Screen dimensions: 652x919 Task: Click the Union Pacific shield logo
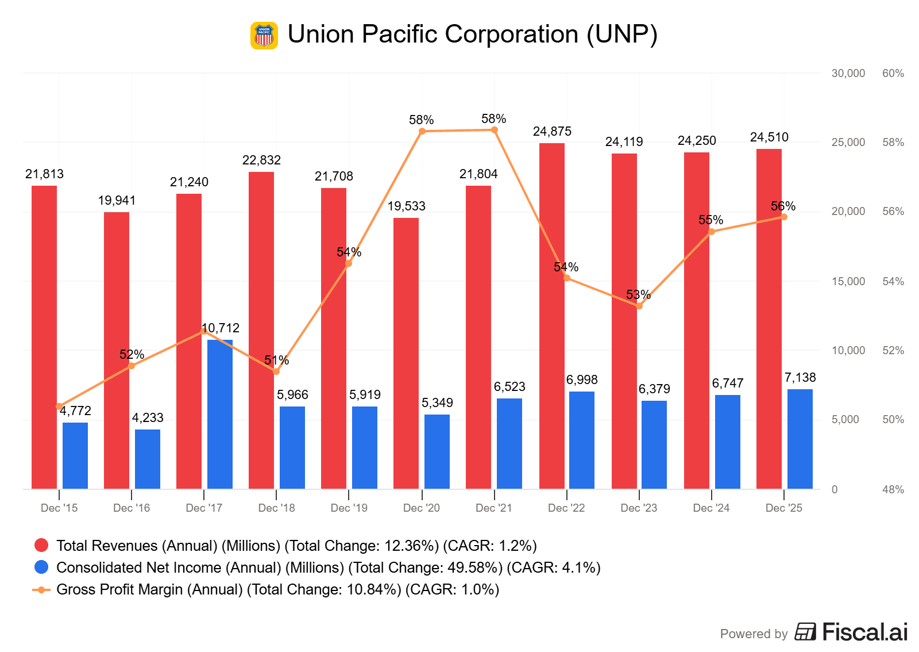click(x=264, y=36)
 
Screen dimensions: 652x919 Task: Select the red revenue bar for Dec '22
click(x=551, y=316)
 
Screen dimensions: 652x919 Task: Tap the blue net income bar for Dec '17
click(x=220, y=414)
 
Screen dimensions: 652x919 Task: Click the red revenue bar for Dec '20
click(x=406, y=353)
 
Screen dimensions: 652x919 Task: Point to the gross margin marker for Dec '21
click(x=495, y=130)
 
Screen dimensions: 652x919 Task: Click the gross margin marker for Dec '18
click(x=276, y=371)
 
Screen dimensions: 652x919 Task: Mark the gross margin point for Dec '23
click(x=639, y=306)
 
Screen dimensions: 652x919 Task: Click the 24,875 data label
click(x=552, y=132)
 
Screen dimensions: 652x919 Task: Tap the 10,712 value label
click(x=221, y=328)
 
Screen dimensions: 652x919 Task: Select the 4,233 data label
click(x=148, y=418)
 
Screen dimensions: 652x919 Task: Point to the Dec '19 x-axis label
click(x=349, y=508)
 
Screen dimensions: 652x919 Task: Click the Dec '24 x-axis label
click(x=711, y=508)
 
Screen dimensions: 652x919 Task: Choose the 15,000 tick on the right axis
click(x=848, y=281)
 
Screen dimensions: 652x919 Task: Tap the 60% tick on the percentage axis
click(x=893, y=73)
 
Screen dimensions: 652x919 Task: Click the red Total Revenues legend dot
click(x=41, y=546)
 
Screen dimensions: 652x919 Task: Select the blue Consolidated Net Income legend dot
click(x=41, y=567)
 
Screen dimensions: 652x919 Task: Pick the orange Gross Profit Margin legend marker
click(x=41, y=589)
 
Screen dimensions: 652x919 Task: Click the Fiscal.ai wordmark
click(x=864, y=632)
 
